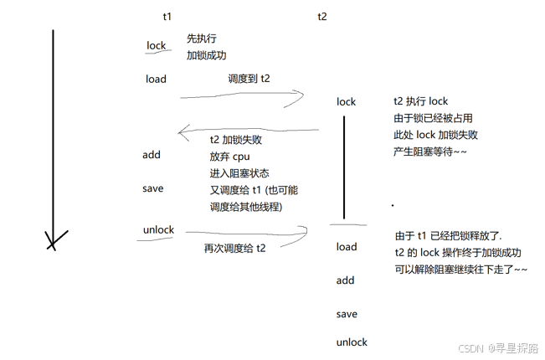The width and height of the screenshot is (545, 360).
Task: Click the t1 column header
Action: click(x=167, y=16)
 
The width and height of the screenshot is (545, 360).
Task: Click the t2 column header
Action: click(x=322, y=16)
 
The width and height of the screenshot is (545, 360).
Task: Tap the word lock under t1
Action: click(x=157, y=46)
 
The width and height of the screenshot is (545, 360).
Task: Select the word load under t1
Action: click(x=156, y=79)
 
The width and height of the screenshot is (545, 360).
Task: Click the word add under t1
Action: click(x=152, y=155)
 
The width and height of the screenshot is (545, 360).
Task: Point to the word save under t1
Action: click(x=153, y=188)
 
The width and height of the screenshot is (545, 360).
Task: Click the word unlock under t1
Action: click(x=159, y=229)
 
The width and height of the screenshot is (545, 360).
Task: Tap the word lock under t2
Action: click(x=346, y=101)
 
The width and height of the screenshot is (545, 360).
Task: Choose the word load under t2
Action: click(x=347, y=247)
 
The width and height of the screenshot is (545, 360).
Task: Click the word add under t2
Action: click(x=346, y=280)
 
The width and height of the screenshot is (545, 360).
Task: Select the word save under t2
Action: click(x=347, y=314)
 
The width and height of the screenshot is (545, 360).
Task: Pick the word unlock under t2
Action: click(x=352, y=342)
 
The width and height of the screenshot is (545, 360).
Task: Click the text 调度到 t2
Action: click(x=249, y=79)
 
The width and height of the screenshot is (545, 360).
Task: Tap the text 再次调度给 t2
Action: click(x=235, y=248)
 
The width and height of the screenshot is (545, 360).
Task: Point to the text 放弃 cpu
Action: click(x=230, y=157)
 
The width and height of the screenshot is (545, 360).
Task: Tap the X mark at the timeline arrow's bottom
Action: click(x=54, y=242)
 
